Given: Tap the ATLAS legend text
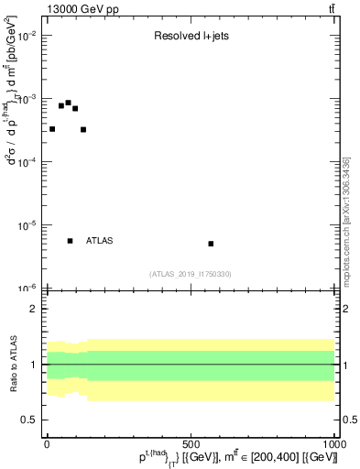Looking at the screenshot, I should pyautogui.click(x=100, y=241).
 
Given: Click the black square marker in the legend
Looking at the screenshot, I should pyautogui.click(x=71, y=241).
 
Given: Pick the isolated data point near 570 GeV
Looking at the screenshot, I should pyautogui.click(x=211, y=244).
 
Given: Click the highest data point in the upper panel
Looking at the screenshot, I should pyautogui.click(x=68, y=103).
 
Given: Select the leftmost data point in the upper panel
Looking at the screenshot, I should pyautogui.click(x=52, y=129).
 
